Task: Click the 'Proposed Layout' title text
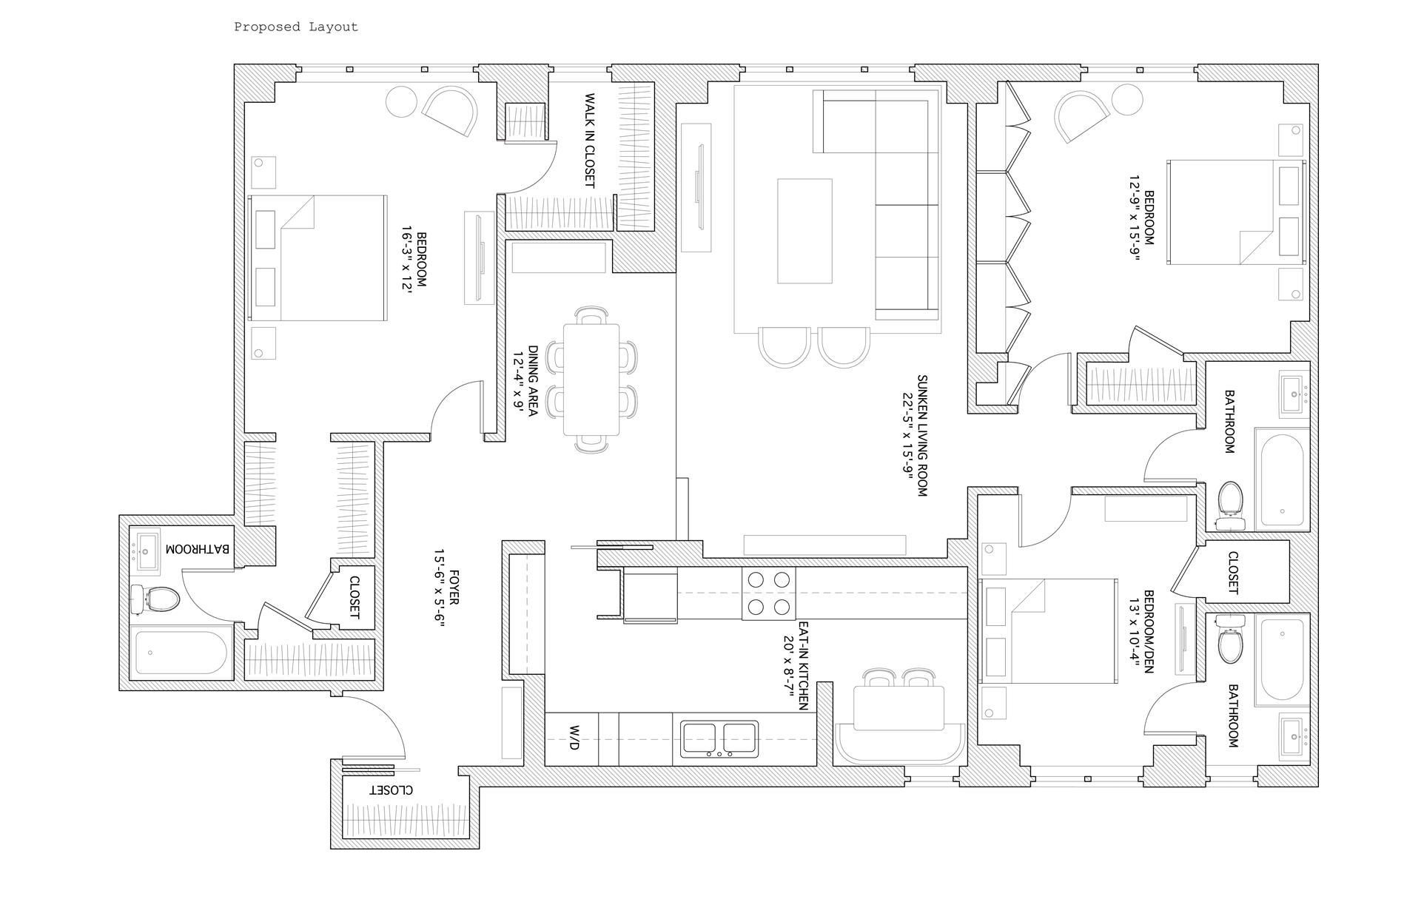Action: point(296,27)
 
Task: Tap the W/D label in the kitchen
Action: point(574,738)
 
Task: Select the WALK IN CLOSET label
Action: point(590,141)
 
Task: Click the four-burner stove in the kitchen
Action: point(768,593)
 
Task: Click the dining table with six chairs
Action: point(591,379)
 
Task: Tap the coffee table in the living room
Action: point(804,231)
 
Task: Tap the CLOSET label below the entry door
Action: point(392,790)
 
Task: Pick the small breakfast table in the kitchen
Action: point(899,707)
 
